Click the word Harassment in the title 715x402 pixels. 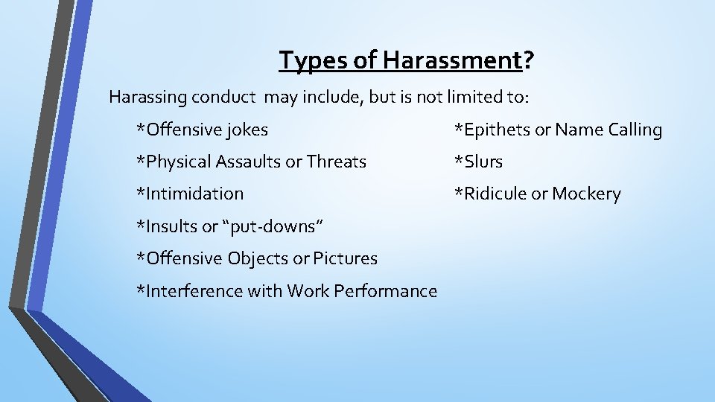tap(451, 60)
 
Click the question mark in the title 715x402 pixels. tap(527, 60)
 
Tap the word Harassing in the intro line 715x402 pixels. tap(147, 97)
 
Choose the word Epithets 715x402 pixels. tap(496, 130)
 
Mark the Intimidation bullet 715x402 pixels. tap(191, 194)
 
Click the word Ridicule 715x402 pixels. tap(494, 194)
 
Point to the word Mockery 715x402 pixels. tap(586, 194)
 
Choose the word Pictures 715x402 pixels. tap(346, 258)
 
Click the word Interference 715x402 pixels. tap(190, 291)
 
